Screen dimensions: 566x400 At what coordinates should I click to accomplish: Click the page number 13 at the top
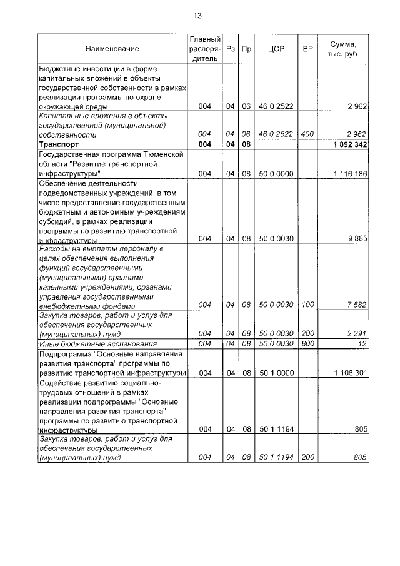(x=198, y=15)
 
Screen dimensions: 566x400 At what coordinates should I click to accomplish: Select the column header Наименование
(x=112, y=49)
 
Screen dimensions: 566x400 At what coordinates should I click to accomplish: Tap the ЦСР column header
(x=276, y=49)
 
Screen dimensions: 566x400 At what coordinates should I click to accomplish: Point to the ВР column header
(x=307, y=49)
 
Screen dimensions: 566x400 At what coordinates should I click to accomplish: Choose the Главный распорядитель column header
(x=204, y=49)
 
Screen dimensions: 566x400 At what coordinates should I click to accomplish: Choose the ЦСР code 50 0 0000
(x=276, y=173)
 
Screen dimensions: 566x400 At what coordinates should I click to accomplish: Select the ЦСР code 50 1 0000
(x=276, y=373)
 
